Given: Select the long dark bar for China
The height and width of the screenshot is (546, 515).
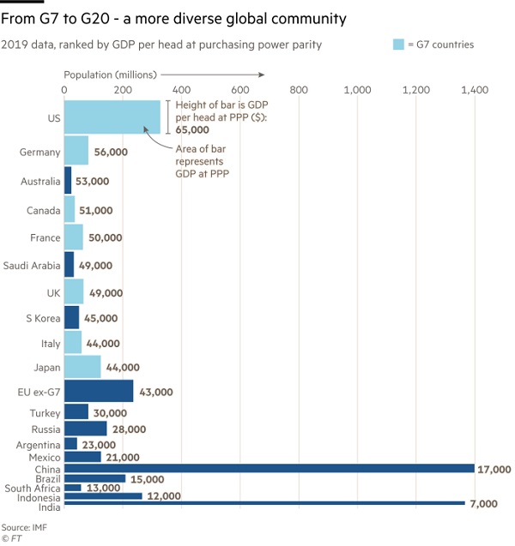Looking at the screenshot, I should click(x=270, y=468).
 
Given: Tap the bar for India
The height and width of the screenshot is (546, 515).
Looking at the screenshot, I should click(x=264, y=504).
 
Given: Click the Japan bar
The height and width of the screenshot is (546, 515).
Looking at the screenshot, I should click(x=82, y=367).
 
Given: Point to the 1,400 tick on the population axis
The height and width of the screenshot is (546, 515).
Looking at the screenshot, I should click(x=475, y=89).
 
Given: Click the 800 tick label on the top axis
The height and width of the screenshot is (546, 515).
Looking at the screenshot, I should click(x=299, y=89).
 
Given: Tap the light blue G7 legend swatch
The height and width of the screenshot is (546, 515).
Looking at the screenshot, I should click(x=398, y=45).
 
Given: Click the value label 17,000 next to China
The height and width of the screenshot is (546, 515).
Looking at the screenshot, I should click(x=494, y=469).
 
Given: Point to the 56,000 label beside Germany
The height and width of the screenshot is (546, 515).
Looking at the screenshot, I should click(x=110, y=152).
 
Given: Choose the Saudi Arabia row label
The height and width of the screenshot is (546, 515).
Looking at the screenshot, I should click(x=32, y=266).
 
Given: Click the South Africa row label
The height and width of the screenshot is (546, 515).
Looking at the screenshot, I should click(x=31, y=488).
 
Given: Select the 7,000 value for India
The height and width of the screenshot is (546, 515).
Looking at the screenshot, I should click(x=483, y=505).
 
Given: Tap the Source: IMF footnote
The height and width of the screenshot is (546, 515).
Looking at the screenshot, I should click(x=24, y=526).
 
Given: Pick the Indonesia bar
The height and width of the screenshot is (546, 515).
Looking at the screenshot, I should click(x=103, y=496).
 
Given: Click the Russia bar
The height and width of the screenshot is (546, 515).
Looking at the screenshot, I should click(x=86, y=429).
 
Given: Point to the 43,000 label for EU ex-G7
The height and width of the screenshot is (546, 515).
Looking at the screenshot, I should click(x=155, y=392).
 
